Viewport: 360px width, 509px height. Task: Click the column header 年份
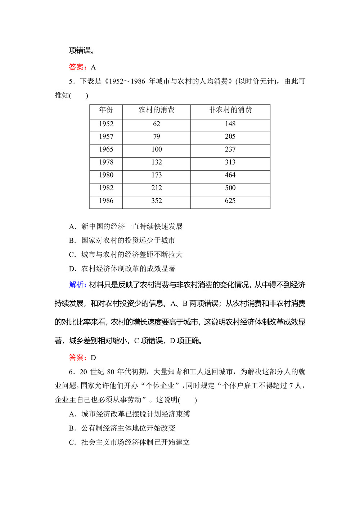pyautogui.click(x=106, y=110)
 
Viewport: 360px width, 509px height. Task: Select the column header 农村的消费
pyautogui.click(x=156, y=110)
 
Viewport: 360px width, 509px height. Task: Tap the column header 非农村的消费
pyautogui.click(x=230, y=110)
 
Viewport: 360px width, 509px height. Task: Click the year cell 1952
pyautogui.click(x=106, y=124)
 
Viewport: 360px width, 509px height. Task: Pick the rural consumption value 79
pyautogui.click(x=156, y=136)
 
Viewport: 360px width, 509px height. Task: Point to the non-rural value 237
pyautogui.click(x=230, y=149)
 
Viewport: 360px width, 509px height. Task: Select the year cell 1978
pyautogui.click(x=106, y=162)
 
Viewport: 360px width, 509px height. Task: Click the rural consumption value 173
pyautogui.click(x=156, y=175)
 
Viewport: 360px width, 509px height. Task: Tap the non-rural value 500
pyautogui.click(x=230, y=188)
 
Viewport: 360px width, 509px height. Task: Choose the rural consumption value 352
pyautogui.click(x=156, y=201)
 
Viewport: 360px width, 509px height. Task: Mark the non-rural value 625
pyautogui.click(x=230, y=201)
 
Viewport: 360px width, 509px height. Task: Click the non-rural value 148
pyautogui.click(x=230, y=124)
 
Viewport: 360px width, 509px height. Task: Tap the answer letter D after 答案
pyautogui.click(x=93, y=357)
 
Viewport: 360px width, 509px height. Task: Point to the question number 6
pyautogui.click(x=71, y=372)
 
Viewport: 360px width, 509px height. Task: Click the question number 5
pyautogui.click(x=71, y=81)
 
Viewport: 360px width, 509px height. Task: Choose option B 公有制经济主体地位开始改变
pyautogui.click(x=128, y=428)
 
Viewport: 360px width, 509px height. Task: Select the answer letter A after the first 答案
pyautogui.click(x=93, y=67)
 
